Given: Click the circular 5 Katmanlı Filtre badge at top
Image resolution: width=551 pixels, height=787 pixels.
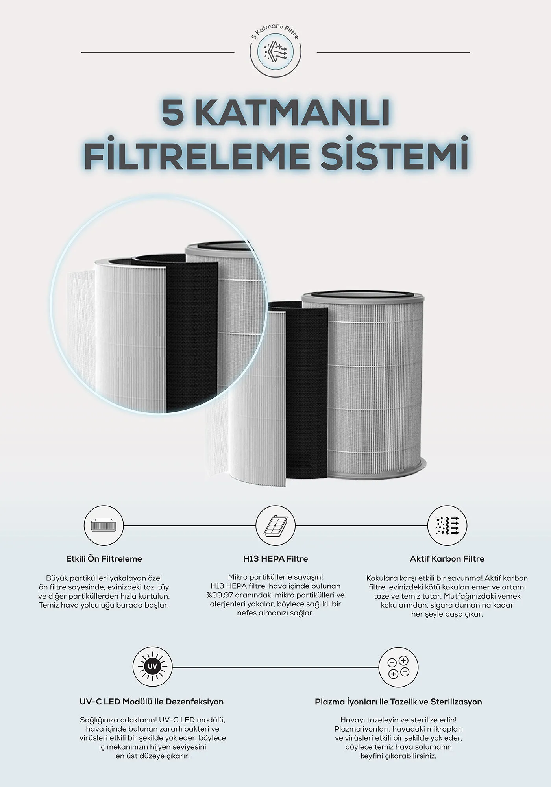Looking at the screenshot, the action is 275,52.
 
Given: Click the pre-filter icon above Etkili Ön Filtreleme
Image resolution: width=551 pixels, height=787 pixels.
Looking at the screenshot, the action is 104,525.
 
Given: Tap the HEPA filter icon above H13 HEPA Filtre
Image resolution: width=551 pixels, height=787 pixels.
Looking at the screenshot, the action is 275,525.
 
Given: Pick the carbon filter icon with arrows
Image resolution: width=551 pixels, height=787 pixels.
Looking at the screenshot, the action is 447,525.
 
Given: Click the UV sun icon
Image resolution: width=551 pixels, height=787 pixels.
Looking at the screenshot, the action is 152,667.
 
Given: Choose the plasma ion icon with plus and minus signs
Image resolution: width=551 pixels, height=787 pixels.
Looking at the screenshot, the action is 398,667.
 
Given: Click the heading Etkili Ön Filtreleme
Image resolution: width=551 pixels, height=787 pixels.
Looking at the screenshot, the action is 104,559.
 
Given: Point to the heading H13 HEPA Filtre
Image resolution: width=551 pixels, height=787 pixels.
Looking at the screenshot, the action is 275,559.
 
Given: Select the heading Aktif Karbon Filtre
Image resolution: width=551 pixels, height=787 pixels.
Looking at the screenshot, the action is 447,559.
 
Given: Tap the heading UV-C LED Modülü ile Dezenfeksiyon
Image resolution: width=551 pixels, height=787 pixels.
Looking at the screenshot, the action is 152,702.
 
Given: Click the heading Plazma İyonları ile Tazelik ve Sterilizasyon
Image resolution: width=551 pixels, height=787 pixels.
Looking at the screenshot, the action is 398,702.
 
